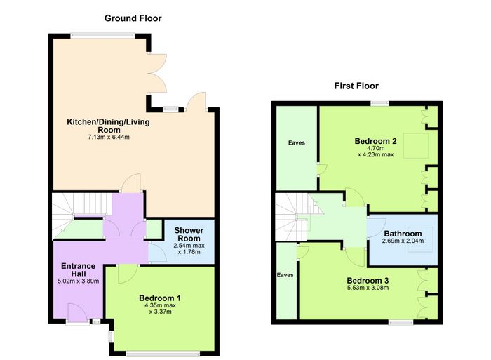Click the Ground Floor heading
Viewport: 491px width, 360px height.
pyautogui.click(x=133, y=18)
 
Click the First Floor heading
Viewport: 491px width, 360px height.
pyautogui.click(x=356, y=86)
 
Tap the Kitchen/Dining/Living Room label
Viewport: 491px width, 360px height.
pyautogui.click(x=108, y=126)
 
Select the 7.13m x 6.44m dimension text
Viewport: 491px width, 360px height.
pyautogui.click(x=109, y=137)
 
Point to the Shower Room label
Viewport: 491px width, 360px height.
pyautogui.click(x=189, y=234)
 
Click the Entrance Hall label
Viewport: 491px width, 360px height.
pyautogui.click(x=79, y=269)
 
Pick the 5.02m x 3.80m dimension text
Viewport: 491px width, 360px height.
pyautogui.click(x=79, y=281)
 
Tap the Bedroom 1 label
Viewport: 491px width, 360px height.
pyautogui.click(x=160, y=298)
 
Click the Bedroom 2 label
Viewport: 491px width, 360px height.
pyautogui.click(x=375, y=141)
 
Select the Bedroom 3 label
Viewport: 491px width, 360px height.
pyautogui.click(x=368, y=281)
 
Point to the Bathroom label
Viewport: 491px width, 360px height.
pyautogui.click(x=403, y=234)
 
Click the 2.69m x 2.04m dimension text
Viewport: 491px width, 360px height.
pyautogui.click(x=403, y=241)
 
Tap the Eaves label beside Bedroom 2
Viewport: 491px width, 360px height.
pyautogui.click(x=297, y=143)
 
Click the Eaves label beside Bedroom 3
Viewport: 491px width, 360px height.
pyautogui.click(x=285, y=275)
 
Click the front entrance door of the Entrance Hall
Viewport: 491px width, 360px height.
pyautogui.click(x=77, y=312)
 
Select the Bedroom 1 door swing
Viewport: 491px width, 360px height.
pyautogui.click(x=127, y=273)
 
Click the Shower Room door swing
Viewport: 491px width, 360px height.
pyautogui.click(x=158, y=253)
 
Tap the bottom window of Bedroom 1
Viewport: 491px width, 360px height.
pyautogui.click(x=163, y=354)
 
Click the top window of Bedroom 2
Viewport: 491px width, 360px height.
pyautogui.click(x=380, y=102)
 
